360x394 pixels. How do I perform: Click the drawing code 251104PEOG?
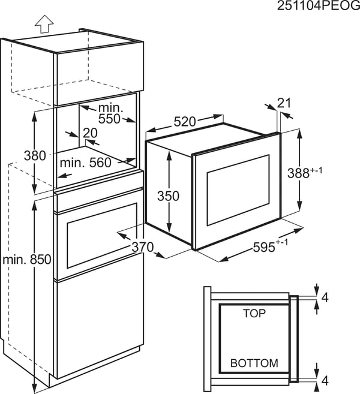319,6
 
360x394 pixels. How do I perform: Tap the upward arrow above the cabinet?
44,24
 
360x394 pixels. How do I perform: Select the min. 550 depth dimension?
110,113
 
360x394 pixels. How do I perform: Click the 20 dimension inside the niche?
90,133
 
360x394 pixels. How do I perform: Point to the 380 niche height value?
35,155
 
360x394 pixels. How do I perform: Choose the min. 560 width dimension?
85,163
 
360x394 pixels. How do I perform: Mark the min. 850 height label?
27,259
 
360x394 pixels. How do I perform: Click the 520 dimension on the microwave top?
185,122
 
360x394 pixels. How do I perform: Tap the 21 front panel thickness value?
284,103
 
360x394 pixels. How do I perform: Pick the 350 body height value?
168,196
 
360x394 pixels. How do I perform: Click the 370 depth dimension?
143,247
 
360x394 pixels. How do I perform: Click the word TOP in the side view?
254,313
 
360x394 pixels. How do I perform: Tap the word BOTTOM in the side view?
254,363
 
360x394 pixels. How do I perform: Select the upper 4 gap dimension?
325,298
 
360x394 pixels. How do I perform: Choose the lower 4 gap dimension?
325,381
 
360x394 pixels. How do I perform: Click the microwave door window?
238,190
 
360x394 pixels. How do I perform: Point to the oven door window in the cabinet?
102,236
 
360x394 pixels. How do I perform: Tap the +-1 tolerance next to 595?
282,242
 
